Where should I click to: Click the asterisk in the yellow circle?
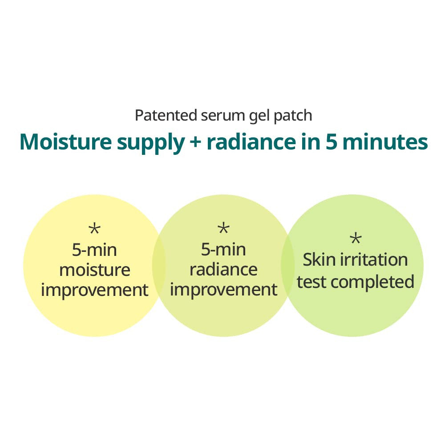(94, 230)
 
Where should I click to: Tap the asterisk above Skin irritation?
(356, 239)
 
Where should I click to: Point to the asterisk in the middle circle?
(223, 230)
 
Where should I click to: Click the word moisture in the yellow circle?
(94, 270)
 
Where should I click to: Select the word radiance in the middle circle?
(223, 270)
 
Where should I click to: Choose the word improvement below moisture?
(94, 290)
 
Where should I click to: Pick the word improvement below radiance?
(223, 290)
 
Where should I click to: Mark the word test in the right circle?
(312, 282)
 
